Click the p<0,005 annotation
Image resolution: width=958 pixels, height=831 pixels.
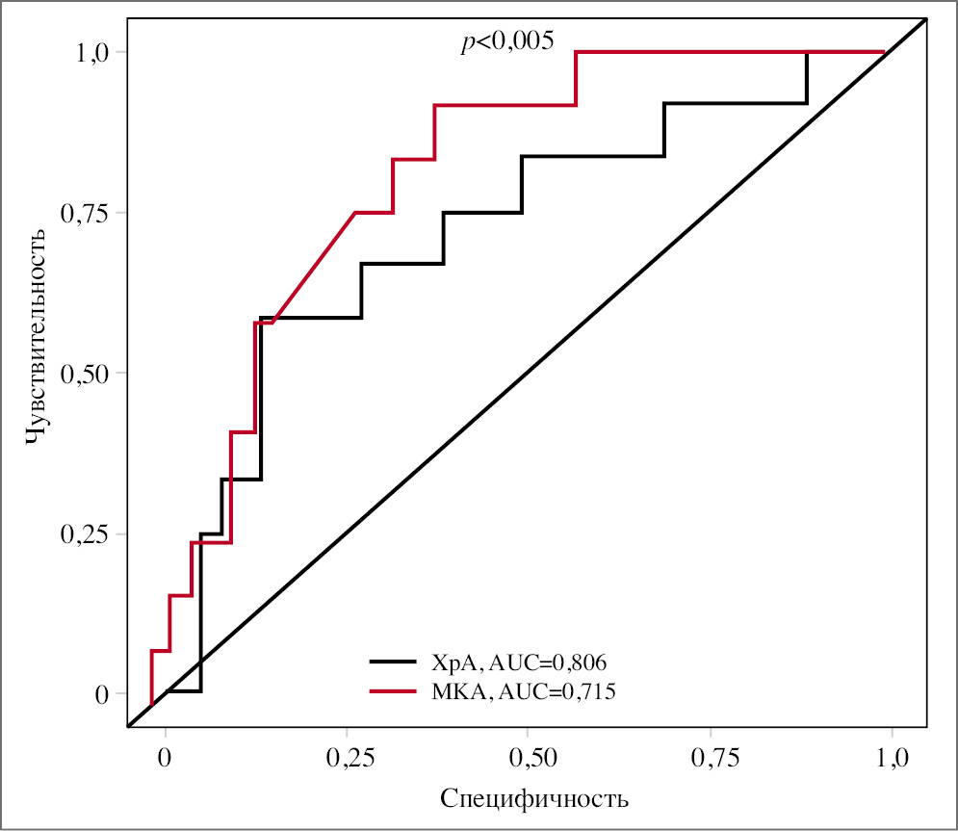[x=507, y=41]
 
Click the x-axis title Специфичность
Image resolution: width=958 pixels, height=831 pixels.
[x=534, y=798]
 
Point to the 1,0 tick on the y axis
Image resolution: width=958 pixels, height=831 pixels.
[x=95, y=52]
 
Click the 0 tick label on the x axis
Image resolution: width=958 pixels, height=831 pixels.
[x=166, y=755]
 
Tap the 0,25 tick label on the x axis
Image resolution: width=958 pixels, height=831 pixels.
[x=348, y=755]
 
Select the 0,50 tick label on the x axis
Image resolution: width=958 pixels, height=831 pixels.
[x=530, y=755]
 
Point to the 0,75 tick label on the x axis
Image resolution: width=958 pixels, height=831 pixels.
[x=712, y=755]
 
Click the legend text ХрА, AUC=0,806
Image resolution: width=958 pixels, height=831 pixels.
[x=520, y=662]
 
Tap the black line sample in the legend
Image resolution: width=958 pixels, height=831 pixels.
[x=392, y=662]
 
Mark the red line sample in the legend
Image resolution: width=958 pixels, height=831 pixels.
[x=392, y=690]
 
